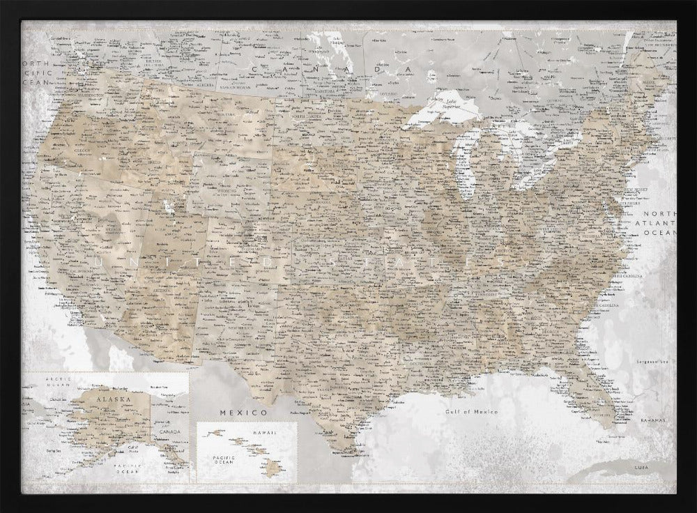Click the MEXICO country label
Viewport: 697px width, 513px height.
tap(233, 413)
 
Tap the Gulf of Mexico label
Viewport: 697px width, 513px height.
tap(472, 413)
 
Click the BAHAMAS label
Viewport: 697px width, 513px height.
tap(653, 421)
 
